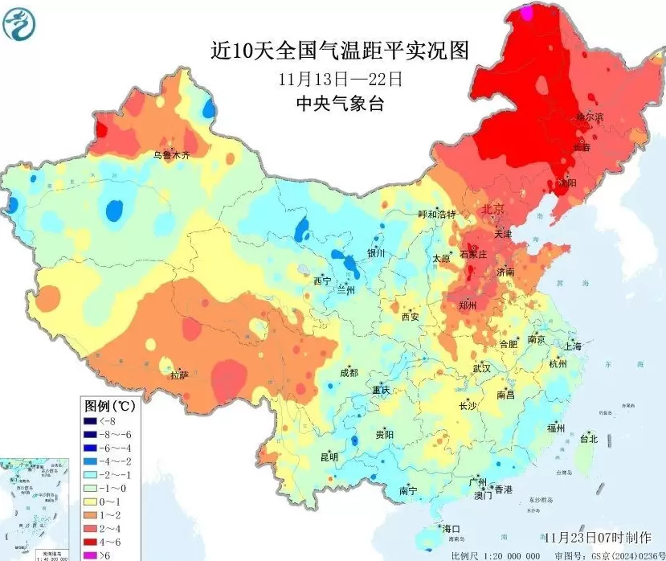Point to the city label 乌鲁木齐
coord(173,155)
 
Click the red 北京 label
coord(492,209)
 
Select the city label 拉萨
coord(178,375)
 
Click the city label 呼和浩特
coord(437,215)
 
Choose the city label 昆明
coord(329,457)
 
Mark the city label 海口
coord(451,529)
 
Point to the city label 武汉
coord(481,368)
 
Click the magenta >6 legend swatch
coord(90,555)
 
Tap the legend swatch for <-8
coord(90,420)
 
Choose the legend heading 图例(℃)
coord(110,405)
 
